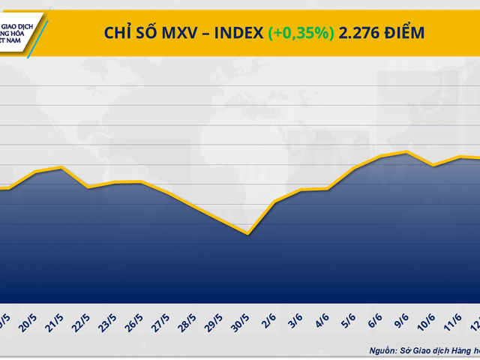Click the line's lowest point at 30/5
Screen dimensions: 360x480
247,234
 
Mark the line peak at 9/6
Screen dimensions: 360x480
406,152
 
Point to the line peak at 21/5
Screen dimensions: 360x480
61,167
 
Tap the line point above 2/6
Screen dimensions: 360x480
275,202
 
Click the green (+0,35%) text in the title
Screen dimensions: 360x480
300,32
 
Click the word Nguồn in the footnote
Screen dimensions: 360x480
383,349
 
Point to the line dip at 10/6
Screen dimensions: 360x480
433,165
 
